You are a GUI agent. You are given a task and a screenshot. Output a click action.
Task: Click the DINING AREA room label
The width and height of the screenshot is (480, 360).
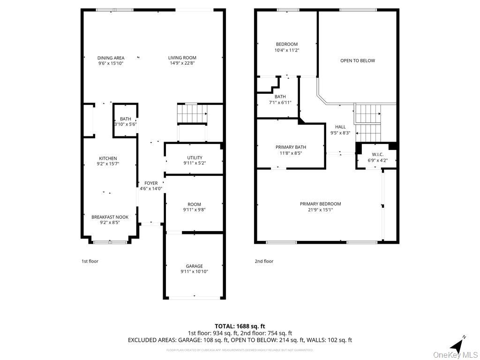[x=111, y=58]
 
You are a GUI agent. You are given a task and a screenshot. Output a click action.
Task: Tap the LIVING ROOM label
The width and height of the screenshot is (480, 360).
[x=182, y=58]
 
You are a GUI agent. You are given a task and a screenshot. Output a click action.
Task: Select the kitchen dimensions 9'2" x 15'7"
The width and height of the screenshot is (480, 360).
[x=108, y=164]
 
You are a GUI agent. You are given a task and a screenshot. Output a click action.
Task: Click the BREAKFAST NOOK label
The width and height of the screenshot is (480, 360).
[x=110, y=217]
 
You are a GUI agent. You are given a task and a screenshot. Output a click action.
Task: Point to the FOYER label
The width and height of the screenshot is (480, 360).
[x=151, y=183]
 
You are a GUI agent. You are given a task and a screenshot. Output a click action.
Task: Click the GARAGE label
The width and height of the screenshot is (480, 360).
[x=194, y=266]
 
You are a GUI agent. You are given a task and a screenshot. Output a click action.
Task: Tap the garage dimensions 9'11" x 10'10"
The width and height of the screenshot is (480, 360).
[x=194, y=271]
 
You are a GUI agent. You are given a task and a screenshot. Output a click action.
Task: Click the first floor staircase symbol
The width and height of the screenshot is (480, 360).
[x=192, y=113]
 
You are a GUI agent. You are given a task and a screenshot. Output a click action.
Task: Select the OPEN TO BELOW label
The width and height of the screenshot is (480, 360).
[x=358, y=60]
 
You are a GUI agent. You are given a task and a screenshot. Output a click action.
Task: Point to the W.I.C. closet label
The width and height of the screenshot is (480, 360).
[x=377, y=154]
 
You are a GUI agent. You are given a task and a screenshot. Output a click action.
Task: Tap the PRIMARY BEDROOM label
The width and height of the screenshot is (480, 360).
[x=320, y=204]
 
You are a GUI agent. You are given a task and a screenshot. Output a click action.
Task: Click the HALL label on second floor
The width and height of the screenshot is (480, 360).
[x=340, y=127]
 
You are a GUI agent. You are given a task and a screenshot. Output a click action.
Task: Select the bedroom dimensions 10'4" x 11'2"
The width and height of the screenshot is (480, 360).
[x=286, y=50]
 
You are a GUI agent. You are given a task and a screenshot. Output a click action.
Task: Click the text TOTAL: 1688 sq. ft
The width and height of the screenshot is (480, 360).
[x=240, y=326]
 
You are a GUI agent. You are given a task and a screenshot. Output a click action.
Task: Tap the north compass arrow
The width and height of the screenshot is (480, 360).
[x=456, y=345]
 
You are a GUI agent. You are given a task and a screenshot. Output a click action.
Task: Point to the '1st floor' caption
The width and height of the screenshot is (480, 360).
[x=90, y=261]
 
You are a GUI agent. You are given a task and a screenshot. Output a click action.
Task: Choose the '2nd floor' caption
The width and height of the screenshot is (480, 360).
[x=264, y=261]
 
